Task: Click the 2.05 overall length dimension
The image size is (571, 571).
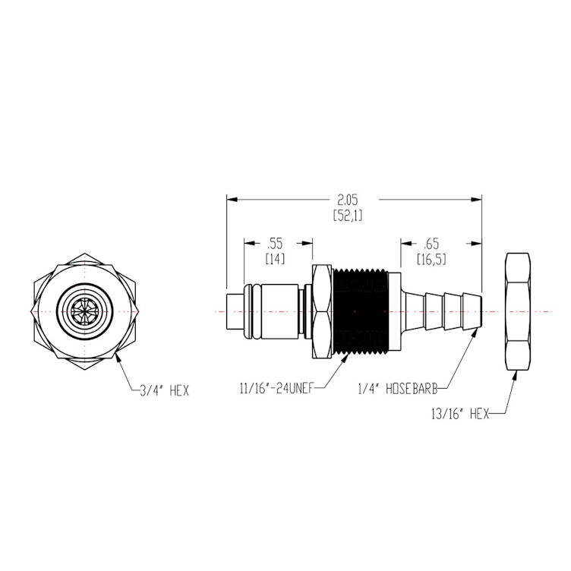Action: [x=348, y=200]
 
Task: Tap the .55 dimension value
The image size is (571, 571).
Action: [x=274, y=244]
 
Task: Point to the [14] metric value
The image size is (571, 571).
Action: [x=274, y=260]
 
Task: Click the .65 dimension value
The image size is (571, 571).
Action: [x=431, y=244]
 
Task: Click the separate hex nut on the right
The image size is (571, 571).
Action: [x=519, y=312]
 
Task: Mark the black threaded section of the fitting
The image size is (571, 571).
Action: [x=360, y=312]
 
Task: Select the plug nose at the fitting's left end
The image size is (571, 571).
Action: [x=235, y=312]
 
